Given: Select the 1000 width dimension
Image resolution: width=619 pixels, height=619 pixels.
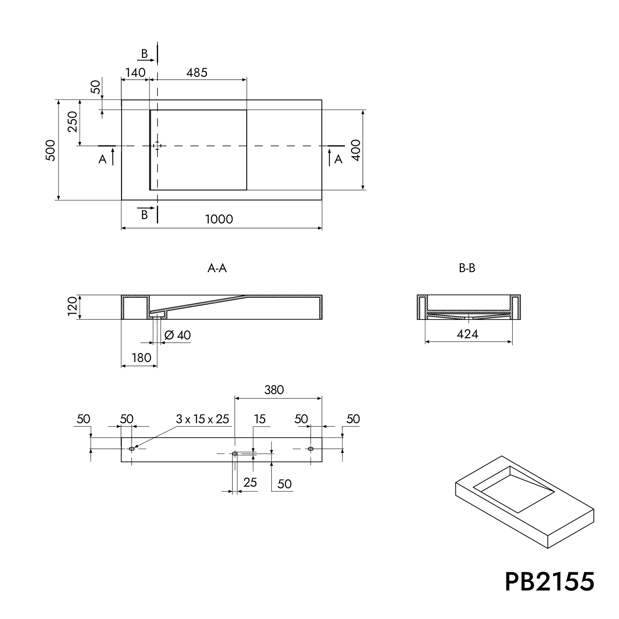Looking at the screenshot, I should point(219,219).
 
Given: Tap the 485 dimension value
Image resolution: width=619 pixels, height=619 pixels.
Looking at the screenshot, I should point(197,73).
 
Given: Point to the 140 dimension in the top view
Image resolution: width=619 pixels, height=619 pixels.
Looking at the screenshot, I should point(135,73).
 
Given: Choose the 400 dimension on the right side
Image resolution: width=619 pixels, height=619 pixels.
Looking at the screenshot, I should point(356,150).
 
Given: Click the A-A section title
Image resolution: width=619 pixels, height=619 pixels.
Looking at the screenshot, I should point(217,268).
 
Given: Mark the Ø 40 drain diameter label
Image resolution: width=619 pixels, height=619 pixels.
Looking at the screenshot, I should point(178,335).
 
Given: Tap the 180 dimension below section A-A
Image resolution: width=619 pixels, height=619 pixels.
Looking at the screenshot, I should point(141,358).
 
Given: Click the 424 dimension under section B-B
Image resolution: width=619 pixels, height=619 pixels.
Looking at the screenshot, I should point(467,335).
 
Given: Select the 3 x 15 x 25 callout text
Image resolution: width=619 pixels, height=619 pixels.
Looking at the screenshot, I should point(203,419).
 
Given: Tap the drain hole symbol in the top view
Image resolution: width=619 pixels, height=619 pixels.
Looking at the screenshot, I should point(157,146).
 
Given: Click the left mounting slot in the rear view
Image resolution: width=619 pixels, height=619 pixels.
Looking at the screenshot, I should point(132,449).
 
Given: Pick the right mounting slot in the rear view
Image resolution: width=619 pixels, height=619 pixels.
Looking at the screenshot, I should point(310,449).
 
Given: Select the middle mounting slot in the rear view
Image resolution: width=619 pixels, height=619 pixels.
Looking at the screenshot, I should point(235,453).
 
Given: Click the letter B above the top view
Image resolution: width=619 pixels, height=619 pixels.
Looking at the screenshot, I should point(145,54).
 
